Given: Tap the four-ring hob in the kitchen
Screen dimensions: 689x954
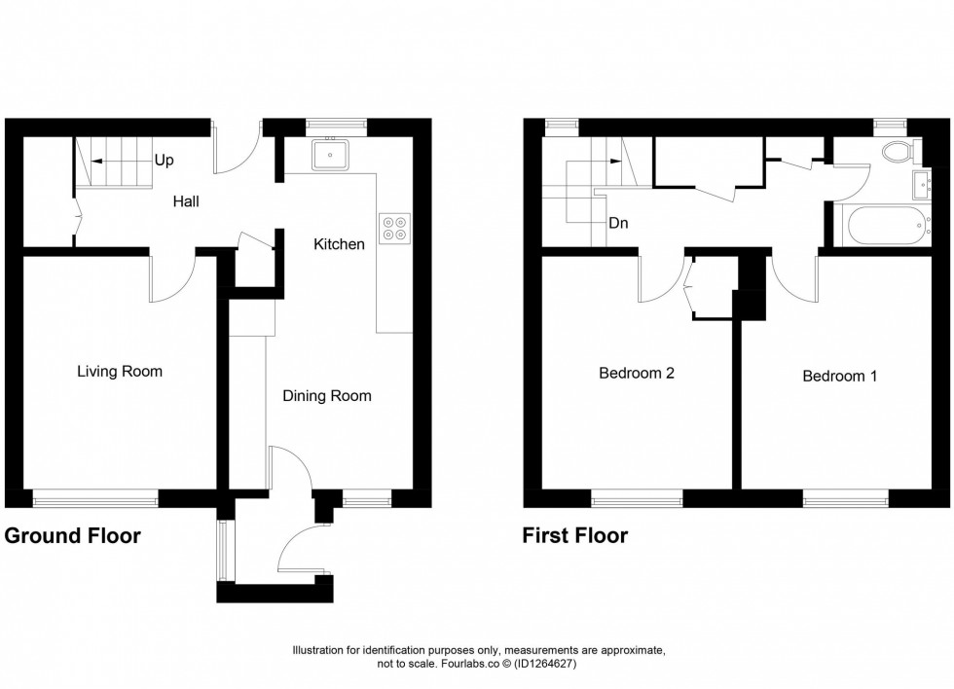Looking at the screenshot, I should click(396, 226).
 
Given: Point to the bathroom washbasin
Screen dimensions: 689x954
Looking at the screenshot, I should click(922, 183).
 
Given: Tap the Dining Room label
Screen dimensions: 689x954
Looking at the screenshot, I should click(327, 396).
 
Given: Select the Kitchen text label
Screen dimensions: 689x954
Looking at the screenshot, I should click(339, 244).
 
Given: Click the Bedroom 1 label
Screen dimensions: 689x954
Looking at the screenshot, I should click(839, 376).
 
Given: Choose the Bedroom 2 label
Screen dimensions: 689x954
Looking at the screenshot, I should click(637, 373).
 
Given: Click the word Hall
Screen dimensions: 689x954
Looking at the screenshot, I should click(186, 201).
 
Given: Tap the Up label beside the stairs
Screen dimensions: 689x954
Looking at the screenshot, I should click(165, 159).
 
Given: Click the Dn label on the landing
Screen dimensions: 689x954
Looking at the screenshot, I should click(618, 222).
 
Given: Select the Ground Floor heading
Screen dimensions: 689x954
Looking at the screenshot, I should click(73, 536).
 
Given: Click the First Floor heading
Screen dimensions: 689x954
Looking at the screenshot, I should click(575, 536).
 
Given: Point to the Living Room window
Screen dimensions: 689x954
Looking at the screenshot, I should click(95, 500).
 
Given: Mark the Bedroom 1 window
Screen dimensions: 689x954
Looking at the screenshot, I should click(845, 500).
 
